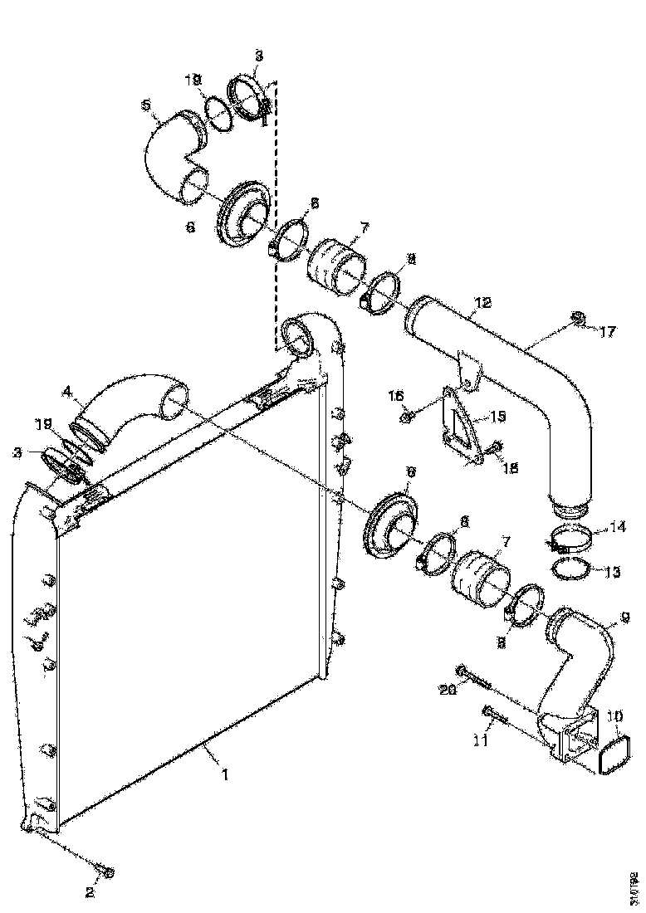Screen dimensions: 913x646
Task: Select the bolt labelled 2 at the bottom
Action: (105, 871)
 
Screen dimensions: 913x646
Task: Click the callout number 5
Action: (146, 105)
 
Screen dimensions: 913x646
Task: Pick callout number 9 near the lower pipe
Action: (625, 618)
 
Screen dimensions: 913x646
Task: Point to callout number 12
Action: (484, 304)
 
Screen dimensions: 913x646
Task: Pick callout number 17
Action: (609, 333)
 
